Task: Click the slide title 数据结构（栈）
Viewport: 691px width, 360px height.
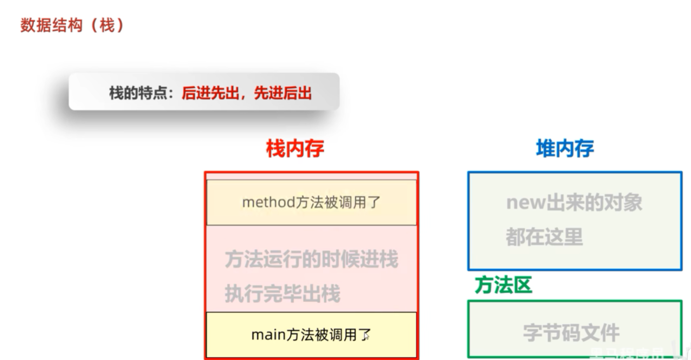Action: (72, 26)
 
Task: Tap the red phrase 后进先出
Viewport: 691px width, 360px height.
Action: (210, 93)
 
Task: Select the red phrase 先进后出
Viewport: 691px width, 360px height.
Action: (283, 93)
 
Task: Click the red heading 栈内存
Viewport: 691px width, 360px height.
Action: (295, 148)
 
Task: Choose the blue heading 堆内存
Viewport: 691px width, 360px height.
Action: (565, 148)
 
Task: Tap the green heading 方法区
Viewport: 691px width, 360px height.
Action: (503, 285)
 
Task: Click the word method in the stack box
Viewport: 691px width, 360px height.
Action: (268, 202)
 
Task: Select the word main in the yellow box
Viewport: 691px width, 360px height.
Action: (268, 334)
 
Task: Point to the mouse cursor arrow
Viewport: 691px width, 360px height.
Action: (366, 336)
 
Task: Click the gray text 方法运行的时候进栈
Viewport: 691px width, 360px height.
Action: (312, 259)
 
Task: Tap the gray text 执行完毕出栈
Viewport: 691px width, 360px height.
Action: (282, 293)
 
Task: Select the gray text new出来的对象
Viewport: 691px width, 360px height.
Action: (574, 202)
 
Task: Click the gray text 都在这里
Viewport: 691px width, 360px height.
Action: (544, 237)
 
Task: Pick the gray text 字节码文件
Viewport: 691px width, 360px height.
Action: (571, 333)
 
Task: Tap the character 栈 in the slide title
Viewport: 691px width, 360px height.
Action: (107, 26)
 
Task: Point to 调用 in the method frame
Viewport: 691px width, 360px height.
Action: (346, 202)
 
